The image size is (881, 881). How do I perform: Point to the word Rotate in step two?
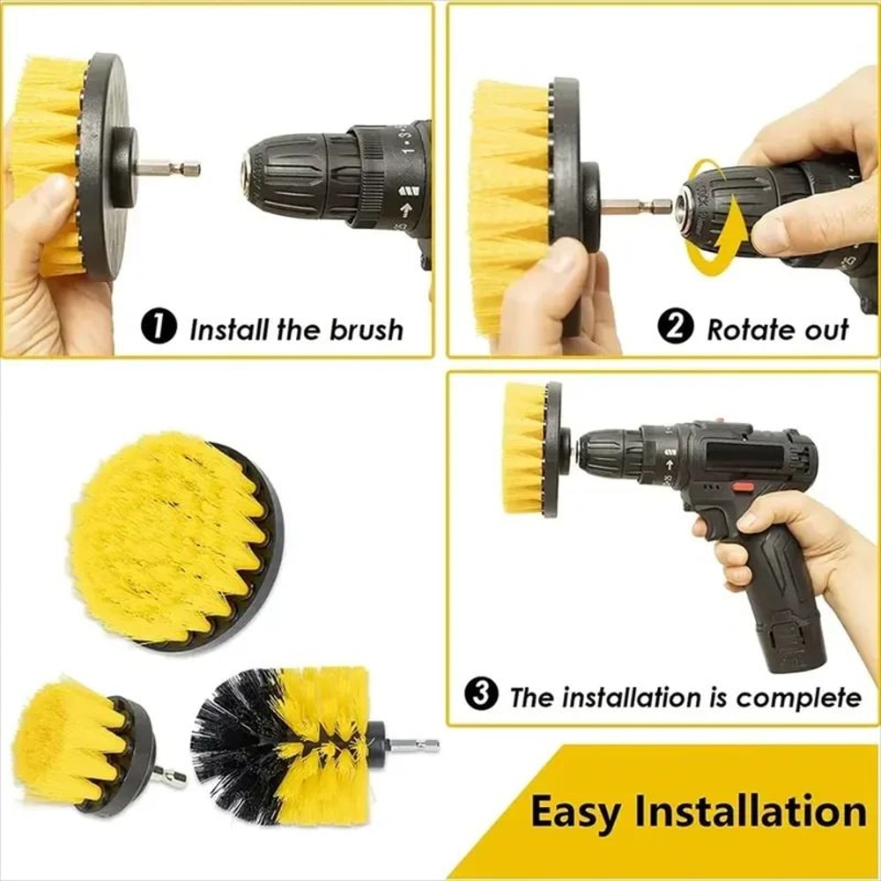[x=742, y=329]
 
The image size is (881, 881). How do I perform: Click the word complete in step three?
[x=798, y=697]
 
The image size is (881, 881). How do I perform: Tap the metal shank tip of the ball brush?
[x=415, y=745]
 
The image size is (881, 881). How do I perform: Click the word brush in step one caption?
[x=366, y=329]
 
